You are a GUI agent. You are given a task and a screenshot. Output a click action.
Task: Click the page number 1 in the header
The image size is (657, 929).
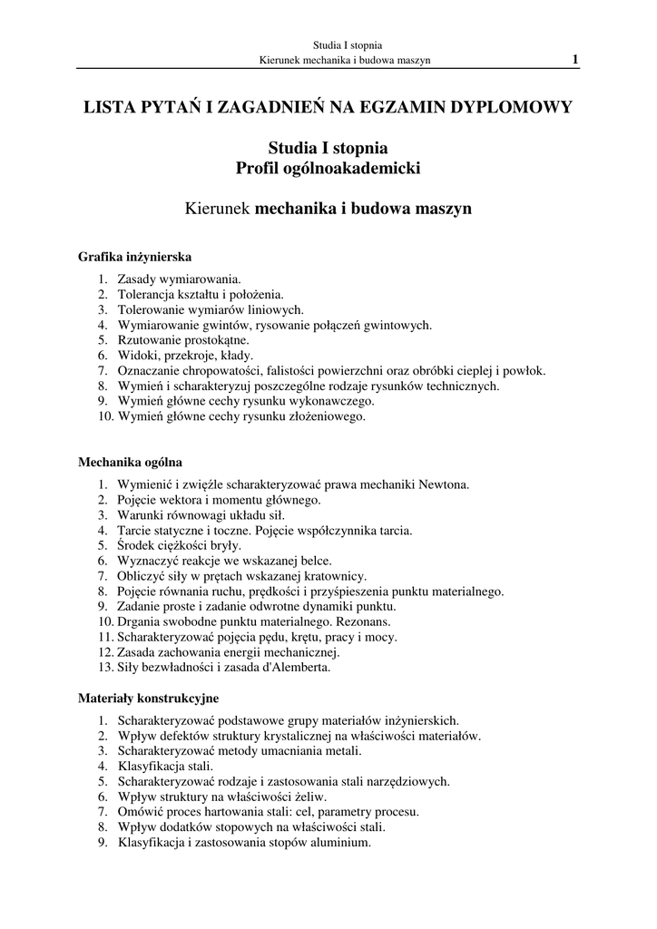point(575,60)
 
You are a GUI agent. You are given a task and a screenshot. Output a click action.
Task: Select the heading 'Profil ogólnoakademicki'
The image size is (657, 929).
point(328,168)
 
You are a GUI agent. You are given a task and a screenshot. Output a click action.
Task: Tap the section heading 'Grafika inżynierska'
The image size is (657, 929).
point(134,257)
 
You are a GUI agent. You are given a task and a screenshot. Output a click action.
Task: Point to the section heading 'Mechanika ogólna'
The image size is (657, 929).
point(131,462)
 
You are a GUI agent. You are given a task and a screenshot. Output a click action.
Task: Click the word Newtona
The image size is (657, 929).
point(444,484)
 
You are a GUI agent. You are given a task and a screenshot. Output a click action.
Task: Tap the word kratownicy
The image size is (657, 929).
point(336,576)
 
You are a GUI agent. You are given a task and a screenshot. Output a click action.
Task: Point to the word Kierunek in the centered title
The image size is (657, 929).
point(219,208)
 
